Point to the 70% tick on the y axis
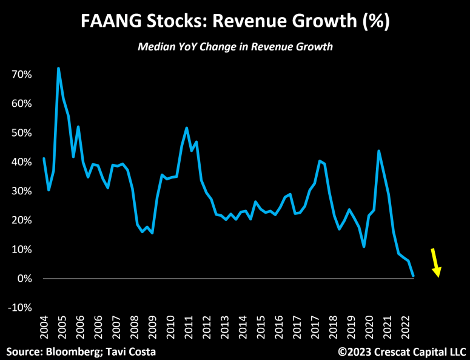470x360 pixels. [21, 74]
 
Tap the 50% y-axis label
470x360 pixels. [21, 132]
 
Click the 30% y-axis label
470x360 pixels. [21, 191]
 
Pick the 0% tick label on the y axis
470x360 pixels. [24, 279]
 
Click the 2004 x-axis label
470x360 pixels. [44, 330]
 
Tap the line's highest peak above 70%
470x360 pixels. [58, 68]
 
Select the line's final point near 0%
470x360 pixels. [414, 276]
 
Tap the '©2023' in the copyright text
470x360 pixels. [353, 351]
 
